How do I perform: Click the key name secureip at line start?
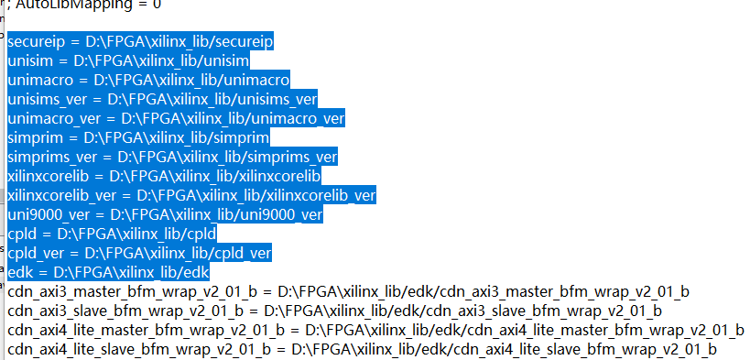(37, 42)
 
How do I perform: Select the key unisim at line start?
(31, 60)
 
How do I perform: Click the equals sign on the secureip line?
(79, 42)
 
